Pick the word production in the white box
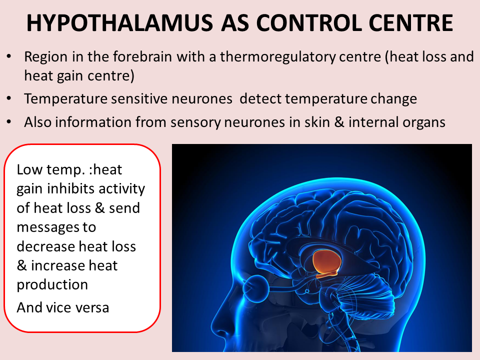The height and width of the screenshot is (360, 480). pyautogui.click(x=52, y=284)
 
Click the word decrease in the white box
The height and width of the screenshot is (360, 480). pyautogui.click(x=47, y=246)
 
